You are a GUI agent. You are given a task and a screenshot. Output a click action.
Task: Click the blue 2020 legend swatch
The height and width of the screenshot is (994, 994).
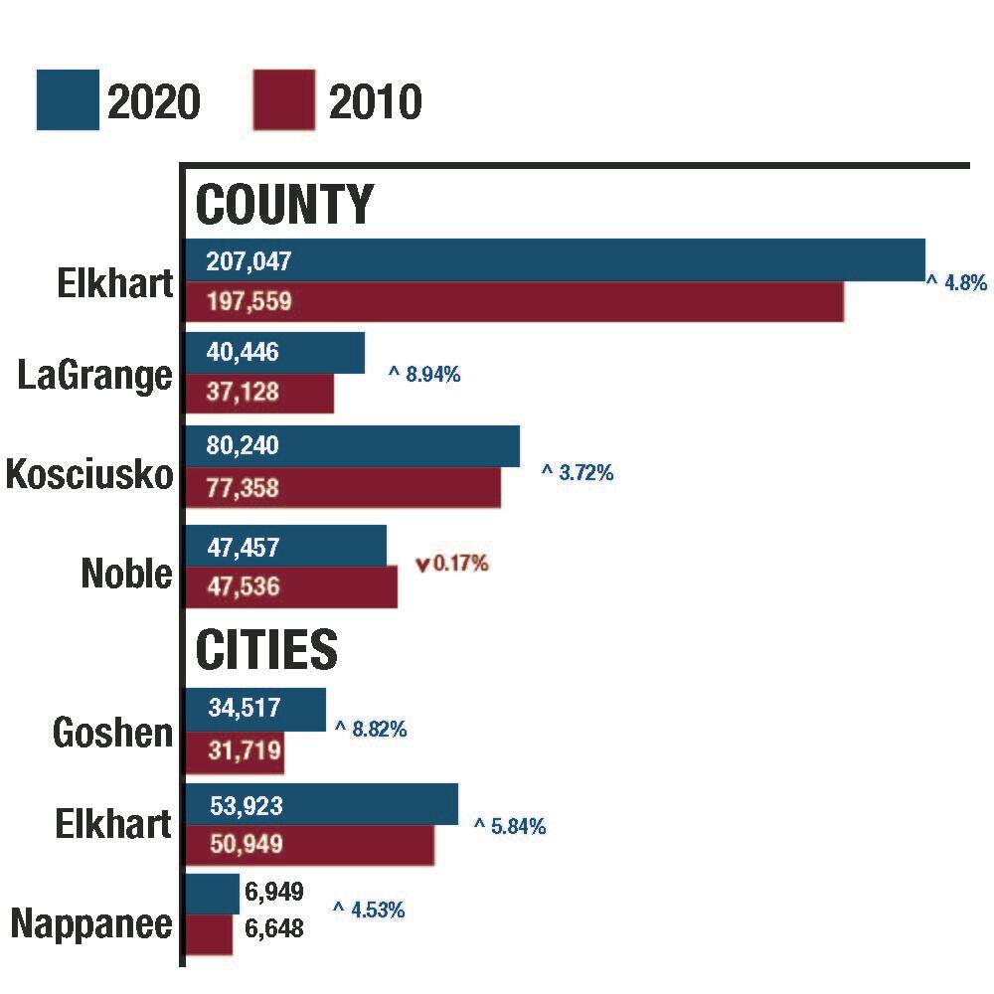coord(68,99)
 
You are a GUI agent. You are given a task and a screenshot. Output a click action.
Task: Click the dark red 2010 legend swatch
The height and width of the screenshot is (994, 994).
coord(284,99)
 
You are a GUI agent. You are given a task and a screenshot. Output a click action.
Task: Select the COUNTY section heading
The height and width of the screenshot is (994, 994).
coord(284,205)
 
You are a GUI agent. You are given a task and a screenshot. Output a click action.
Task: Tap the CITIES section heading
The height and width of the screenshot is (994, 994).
coord(266,650)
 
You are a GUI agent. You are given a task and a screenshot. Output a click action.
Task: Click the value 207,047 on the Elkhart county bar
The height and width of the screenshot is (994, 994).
coord(248,261)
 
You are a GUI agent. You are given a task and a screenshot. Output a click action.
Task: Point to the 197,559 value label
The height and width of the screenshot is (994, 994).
coord(248,301)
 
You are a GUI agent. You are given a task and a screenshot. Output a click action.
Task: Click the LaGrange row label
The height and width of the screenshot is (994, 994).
coord(95,376)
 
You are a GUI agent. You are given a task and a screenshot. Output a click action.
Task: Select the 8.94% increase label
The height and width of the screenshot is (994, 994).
coord(424,376)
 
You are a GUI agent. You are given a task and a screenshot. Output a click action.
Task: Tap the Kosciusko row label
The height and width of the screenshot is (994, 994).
coord(89,474)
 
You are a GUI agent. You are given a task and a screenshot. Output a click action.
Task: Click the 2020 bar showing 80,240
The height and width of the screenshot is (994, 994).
coord(353,446)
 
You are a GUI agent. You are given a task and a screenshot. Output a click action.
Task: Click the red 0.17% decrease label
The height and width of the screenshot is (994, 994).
coord(452,565)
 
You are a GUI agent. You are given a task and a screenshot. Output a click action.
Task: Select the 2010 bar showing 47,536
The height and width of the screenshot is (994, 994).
coord(292,586)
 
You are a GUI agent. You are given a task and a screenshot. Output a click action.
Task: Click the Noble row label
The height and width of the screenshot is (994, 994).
coord(127,574)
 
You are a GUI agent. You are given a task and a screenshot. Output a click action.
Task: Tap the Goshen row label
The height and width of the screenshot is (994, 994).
coord(112,734)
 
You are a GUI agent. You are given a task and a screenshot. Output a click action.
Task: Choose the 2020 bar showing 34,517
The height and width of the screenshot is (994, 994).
coord(256,709)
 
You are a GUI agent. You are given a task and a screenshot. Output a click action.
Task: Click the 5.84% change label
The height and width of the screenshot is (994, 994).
coord(510,826)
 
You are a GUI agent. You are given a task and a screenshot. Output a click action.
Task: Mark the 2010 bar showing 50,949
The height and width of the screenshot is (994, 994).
coord(311,845)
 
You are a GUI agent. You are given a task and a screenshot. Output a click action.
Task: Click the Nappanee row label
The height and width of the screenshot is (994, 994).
coord(91,924)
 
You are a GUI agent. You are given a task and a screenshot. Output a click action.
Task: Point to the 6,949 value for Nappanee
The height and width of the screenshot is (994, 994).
coord(273,891)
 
